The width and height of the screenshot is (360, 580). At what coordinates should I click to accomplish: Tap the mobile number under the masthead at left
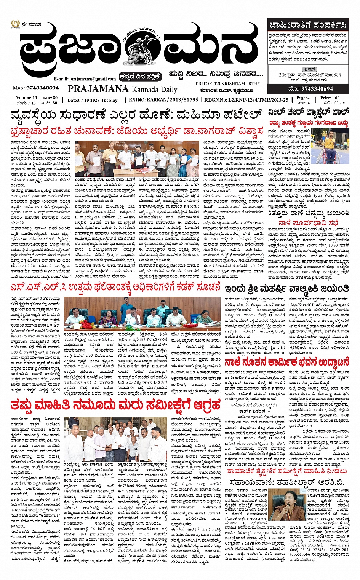point(36,88)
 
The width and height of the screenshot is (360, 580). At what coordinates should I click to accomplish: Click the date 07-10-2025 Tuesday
point(93,100)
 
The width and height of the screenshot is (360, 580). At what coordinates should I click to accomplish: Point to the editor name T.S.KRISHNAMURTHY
point(227,83)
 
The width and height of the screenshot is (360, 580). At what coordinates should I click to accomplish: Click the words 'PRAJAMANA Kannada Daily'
point(122,89)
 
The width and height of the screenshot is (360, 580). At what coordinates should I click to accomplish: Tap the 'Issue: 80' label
point(50,98)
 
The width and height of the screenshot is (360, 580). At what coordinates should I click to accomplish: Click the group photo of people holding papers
point(136,158)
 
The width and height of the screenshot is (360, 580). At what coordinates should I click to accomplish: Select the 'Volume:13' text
point(27,98)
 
